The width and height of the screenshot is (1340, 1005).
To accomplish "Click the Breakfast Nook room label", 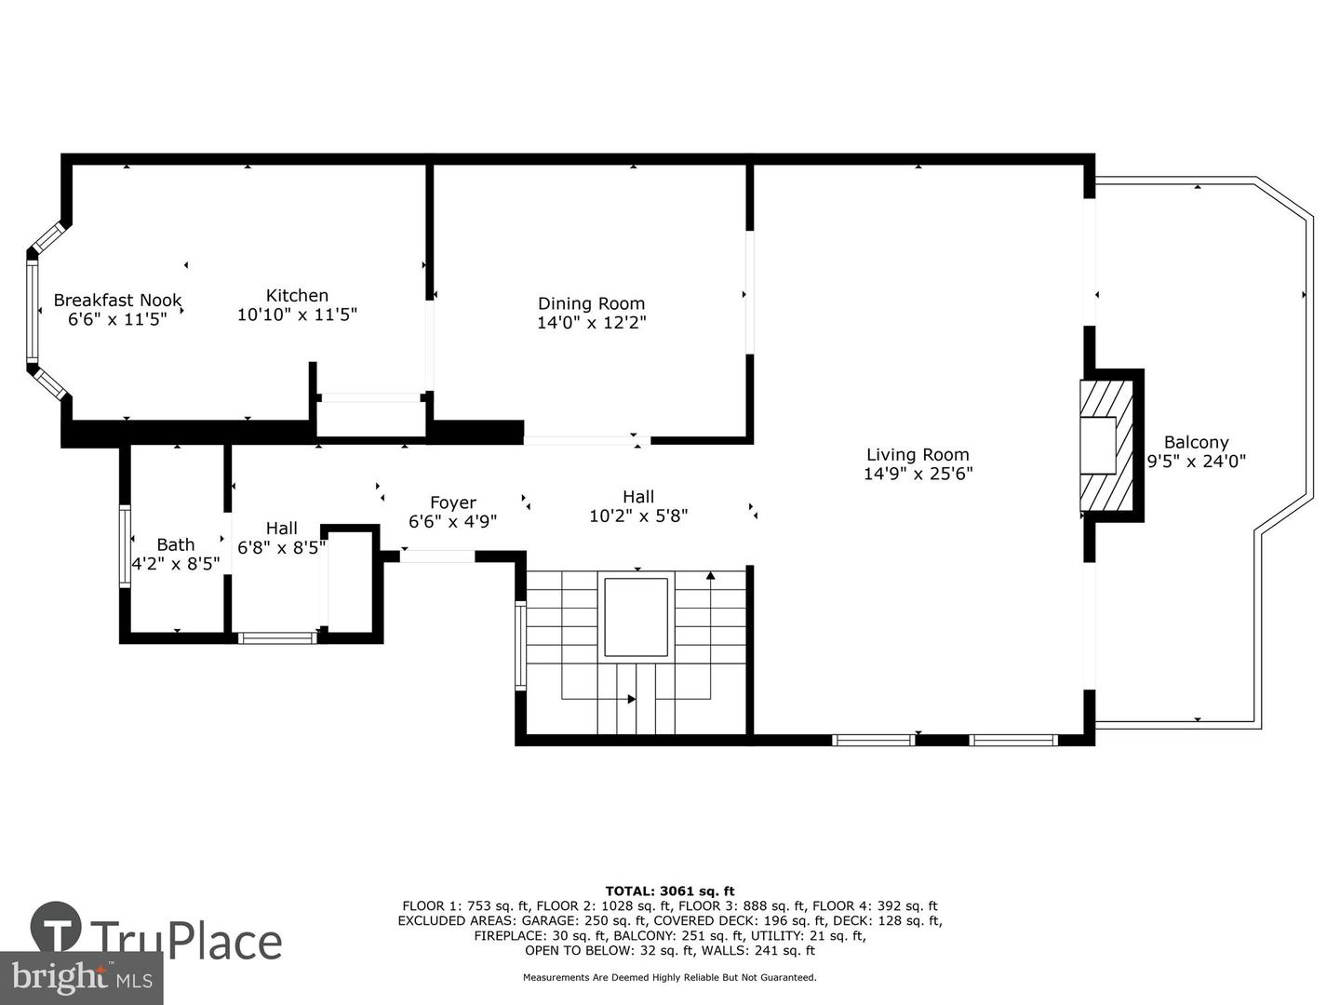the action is click(x=117, y=301).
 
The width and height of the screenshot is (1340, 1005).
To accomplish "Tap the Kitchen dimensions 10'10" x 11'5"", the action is click(x=297, y=315).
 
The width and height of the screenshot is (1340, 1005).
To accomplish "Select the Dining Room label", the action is click(x=591, y=303).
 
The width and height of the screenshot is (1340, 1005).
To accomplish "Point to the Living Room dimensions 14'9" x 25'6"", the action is click(x=918, y=474).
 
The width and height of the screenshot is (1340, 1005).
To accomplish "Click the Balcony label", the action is click(x=1196, y=442).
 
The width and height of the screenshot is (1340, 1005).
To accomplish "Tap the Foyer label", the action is click(x=453, y=502).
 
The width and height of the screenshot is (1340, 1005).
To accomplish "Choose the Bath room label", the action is click(x=176, y=544).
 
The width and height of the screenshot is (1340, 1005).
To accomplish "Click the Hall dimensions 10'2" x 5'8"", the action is click(x=638, y=516).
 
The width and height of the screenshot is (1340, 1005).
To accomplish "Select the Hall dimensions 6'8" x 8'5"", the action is click(x=281, y=547).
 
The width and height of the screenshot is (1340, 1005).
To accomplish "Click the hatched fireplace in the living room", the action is click(x=1106, y=446).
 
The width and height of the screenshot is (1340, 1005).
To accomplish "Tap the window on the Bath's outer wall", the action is click(x=125, y=545).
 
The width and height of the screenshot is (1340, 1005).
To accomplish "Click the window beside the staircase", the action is click(x=521, y=646).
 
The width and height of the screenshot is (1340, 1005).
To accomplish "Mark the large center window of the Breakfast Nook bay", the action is click(x=32, y=310).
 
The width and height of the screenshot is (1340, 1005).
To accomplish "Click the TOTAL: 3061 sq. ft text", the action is click(x=670, y=891).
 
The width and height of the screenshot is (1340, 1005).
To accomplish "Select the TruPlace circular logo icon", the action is click(x=56, y=927).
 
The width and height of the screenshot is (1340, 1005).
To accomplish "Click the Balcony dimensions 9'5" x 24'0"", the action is click(x=1196, y=462).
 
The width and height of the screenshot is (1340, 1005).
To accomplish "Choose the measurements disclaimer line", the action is click(x=670, y=977).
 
